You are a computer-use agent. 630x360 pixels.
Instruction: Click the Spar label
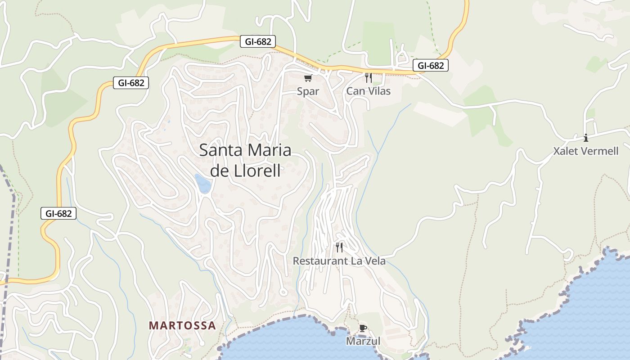point(308,91)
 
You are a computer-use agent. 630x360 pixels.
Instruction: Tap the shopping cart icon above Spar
point(308,79)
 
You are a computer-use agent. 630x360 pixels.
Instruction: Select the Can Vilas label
point(368,91)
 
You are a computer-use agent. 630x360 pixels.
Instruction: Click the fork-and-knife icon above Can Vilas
point(368,78)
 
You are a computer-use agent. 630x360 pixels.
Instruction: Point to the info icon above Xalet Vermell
point(585,138)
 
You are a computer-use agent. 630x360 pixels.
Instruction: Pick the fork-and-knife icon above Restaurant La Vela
point(339,247)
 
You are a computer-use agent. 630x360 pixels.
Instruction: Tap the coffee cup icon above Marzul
point(363,328)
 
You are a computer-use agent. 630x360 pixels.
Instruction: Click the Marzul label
point(363,341)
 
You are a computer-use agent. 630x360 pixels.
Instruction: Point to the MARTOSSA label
point(182,325)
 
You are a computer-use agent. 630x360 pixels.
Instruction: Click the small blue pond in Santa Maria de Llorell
point(203,183)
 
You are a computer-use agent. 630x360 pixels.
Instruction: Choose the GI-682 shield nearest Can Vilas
point(431,66)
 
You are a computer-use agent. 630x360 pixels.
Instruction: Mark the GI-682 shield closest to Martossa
point(58,213)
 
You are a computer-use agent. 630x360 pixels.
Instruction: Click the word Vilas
point(379,91)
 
